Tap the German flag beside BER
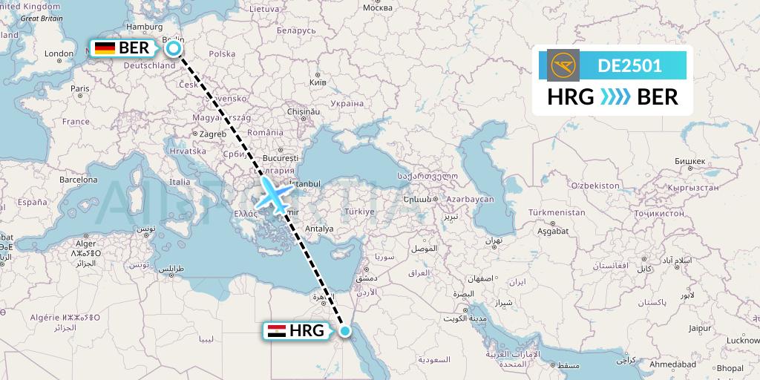pos(105,49)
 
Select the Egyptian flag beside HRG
pos(276,331)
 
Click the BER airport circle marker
pos(174,49)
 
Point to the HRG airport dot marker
pos(344,330)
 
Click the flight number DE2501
pos(630,65)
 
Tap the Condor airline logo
pos(563,65)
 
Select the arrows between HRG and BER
pos(615,97)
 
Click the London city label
pos(59,53)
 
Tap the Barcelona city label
pos(79,180)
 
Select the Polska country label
pos(222,53)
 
